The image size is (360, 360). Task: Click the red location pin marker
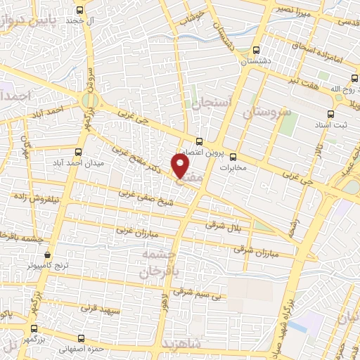click(181, 166)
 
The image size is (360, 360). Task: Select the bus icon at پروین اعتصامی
click(200, 140)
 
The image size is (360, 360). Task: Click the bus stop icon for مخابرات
click(233, 157)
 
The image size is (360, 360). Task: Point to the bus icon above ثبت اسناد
click(330, 114)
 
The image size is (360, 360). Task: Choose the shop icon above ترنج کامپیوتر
click(47, 255)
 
